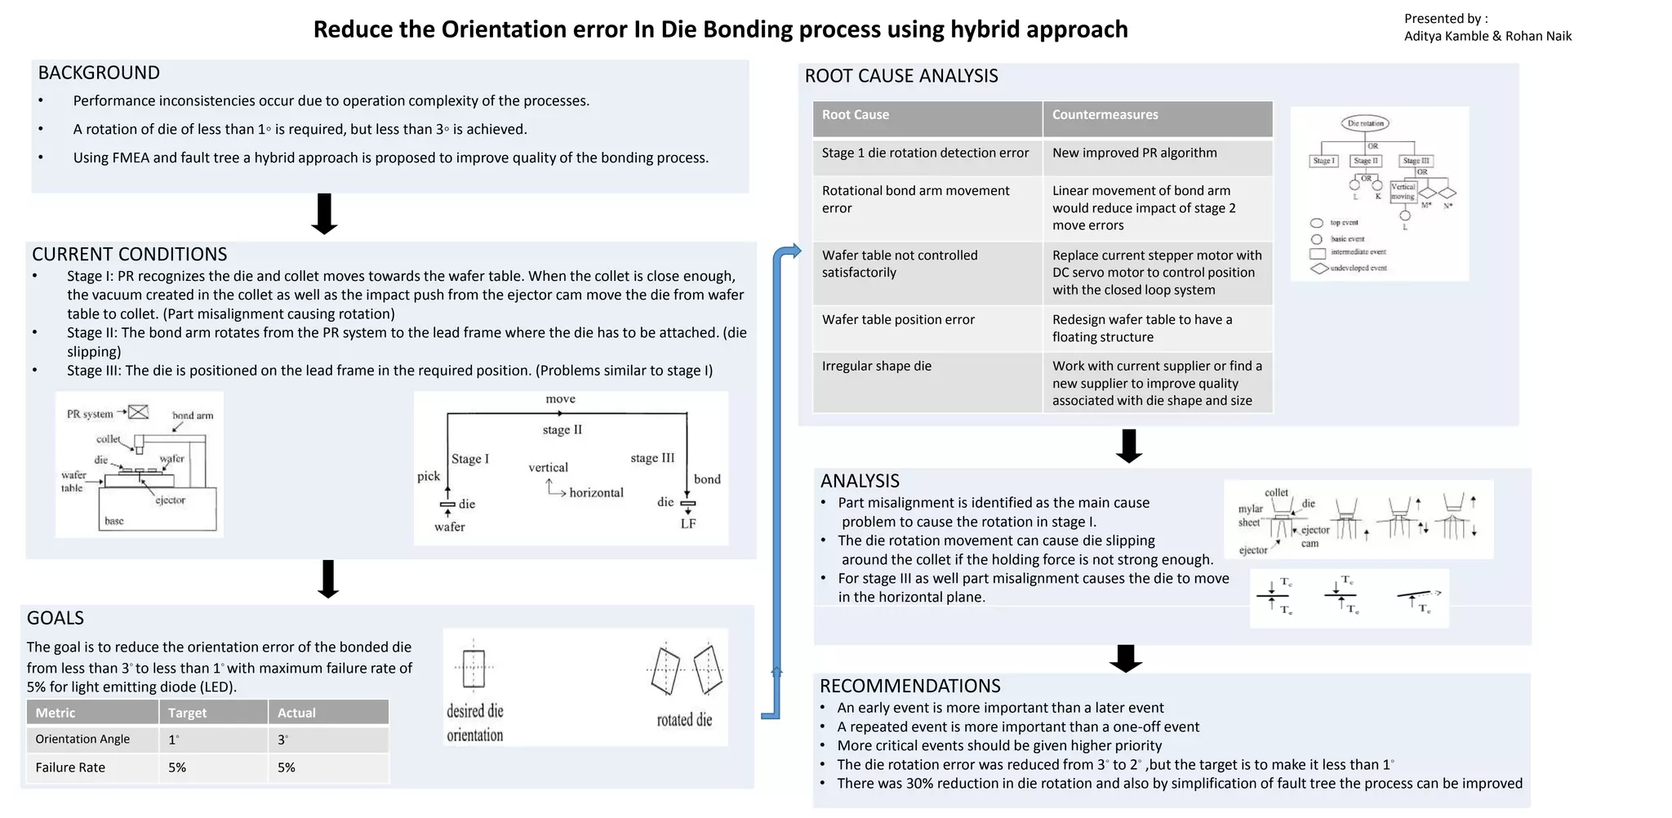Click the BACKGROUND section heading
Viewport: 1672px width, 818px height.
(99, 73)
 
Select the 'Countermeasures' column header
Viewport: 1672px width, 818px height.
(1105, 115)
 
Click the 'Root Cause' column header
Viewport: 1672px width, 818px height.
(855, 115)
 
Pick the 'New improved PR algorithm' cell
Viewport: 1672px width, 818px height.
(1134, 153)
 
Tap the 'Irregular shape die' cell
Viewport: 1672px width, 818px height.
(876, 367)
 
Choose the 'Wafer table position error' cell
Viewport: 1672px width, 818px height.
(898, 320)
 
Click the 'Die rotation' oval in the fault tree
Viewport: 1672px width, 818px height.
(1365, 124)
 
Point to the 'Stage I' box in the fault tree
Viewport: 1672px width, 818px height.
(1323, 161)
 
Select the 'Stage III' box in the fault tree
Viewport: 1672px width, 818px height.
(1416, 161)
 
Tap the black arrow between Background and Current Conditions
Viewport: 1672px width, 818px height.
(325, 214)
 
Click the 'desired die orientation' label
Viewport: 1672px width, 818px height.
(474, 722)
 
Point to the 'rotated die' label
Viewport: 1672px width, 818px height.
(684, 720)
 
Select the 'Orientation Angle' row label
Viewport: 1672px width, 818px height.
(82, 740)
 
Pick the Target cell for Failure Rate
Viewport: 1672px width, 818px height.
(177, 768)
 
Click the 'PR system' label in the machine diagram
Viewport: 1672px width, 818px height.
(90, 414)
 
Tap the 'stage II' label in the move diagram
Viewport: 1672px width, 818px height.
(562, 430)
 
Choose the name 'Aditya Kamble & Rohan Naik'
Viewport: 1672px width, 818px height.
(1487, 36)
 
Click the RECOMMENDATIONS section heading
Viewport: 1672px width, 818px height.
(909, 687)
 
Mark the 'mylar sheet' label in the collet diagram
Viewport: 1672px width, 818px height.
(1249, 516)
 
